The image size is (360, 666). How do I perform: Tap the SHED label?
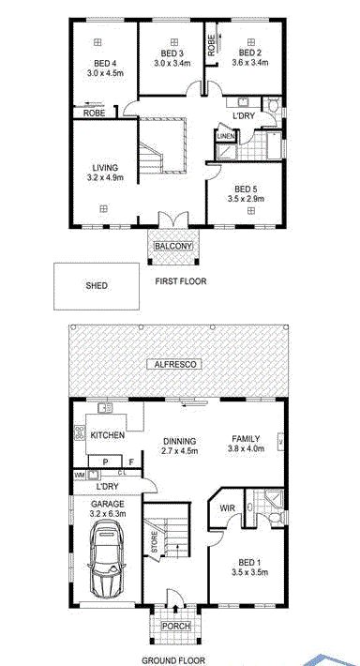click(x=97, y=286)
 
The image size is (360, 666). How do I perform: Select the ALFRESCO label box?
click(x=172, y=364)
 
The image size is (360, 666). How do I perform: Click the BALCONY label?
click(x=173, y=246)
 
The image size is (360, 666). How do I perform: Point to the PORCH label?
click(x=176, y=626)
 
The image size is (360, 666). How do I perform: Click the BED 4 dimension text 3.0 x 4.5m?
click(x=105, y=72)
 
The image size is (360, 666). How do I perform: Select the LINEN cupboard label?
click(x=223, y=136)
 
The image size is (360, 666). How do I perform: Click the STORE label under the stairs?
click(x=155, y=542)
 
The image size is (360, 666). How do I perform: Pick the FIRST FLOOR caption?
click(x=181, y=281)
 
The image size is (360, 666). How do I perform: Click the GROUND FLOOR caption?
click(x=173, y=660)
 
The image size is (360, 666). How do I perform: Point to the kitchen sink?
click(x=105, y=408)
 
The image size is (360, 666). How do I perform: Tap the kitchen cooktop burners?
click(x=79, y=432)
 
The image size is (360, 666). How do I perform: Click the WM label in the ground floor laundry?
click(x=80, y=475)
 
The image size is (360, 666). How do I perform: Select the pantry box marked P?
click(x=105, y=461)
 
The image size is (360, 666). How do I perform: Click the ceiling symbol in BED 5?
click(x=251, y=211)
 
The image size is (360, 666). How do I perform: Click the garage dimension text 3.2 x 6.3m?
click(x=108, y=514)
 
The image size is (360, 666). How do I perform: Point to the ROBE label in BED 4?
click(x=94, y=114)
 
